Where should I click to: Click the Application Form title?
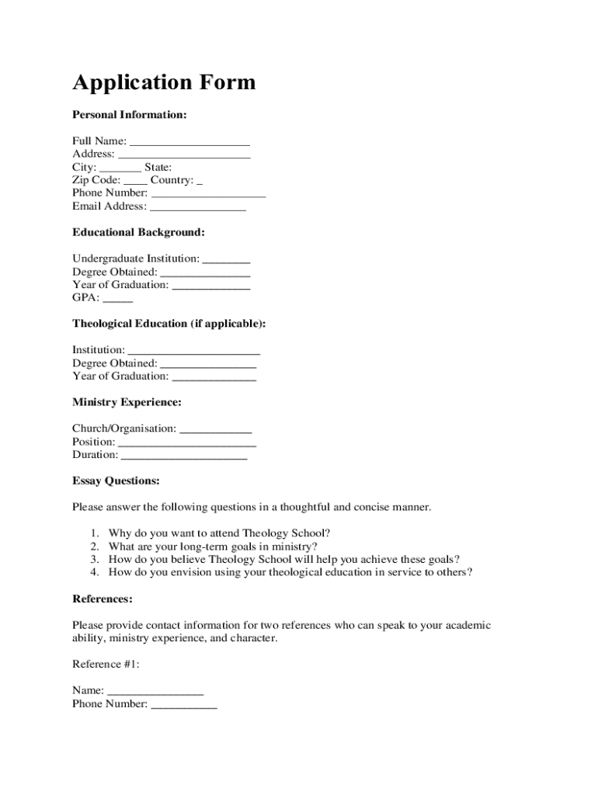click(163, 82)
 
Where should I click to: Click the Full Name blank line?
click(189, 142)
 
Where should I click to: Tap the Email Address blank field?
click(198, 207)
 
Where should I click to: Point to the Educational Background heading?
click(138, 232)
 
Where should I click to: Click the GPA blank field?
click(117, 299)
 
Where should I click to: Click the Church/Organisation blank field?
click(216, 429)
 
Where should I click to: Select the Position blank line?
click(187, 443)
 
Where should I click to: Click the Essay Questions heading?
click(116, 481)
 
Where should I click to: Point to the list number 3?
click(93, 559)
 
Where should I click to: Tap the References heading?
click(103, 599)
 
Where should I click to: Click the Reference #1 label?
click(106, 664)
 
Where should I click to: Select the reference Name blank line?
click(155, 692)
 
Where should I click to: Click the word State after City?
click(158, 167)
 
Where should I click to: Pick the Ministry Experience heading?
click(127, 402)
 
